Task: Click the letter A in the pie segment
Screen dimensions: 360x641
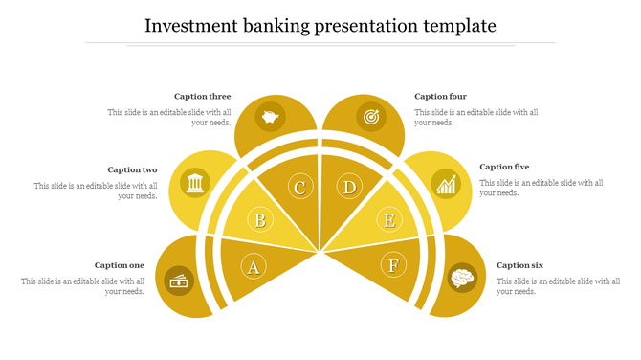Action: coord(254,266)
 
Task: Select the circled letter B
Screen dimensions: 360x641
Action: coord(259,221)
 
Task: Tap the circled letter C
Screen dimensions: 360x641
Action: coord(299,187)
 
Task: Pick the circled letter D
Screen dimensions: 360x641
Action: coord(350,187)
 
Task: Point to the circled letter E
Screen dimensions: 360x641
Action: coord(388,221)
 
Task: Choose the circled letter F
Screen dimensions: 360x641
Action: coord(394,265)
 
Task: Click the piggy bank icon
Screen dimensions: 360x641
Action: coord(271,117)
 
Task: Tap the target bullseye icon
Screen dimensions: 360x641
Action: coord(370,117)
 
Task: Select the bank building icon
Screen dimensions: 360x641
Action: coord(194,182)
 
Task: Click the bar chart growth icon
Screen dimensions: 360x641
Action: coord(445,183)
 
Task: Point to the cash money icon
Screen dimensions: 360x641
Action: coord(179,281)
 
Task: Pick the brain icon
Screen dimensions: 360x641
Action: coord(463,278)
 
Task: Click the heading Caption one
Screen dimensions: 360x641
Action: coord(120,265)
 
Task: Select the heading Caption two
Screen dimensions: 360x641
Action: coord(132,169)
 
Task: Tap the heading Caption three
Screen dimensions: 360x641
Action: coord(202,96)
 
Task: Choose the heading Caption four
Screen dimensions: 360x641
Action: coord(440,96)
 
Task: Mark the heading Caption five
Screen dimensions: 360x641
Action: coord(504,167)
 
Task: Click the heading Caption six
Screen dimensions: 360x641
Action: coord(519,265)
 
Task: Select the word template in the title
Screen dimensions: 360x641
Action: coord(458,25)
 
